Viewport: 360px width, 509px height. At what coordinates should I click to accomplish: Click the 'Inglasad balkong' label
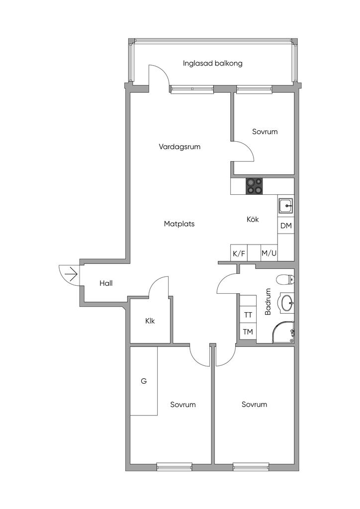(212, 64)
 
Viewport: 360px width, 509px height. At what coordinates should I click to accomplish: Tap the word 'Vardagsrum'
(180, 147)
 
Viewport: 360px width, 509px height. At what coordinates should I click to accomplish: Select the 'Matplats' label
(179, 224)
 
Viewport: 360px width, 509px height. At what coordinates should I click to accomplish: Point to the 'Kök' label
(253, 219)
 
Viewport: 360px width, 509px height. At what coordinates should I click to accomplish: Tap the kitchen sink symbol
(285, 205)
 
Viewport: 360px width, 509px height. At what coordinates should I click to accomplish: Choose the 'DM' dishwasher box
(285, 226)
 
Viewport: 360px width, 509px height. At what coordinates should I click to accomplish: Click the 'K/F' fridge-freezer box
(239, 254)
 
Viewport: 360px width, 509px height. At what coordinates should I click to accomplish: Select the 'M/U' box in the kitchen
(269, 254)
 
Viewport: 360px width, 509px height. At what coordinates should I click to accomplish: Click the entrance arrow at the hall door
(71, 273)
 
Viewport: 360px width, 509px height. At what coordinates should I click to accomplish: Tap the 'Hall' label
(106, 283)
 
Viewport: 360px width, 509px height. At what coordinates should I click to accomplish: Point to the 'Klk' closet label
(150, 321)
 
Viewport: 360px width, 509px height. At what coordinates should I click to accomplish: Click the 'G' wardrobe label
(144, 382)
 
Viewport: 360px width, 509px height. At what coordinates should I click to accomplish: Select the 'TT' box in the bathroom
(248, 315)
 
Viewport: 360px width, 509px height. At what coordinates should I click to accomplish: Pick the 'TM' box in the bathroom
(248, 332)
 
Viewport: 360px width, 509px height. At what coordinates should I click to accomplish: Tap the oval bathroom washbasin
(287, 302)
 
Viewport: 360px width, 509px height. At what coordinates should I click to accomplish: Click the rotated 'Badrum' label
(268, 302)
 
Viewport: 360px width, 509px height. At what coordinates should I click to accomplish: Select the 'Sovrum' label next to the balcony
(265, 132)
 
